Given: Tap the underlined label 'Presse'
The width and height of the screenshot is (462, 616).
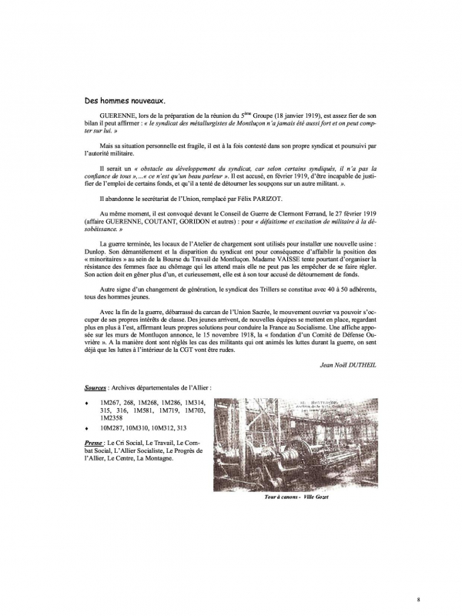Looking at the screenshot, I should tap(96, 443).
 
